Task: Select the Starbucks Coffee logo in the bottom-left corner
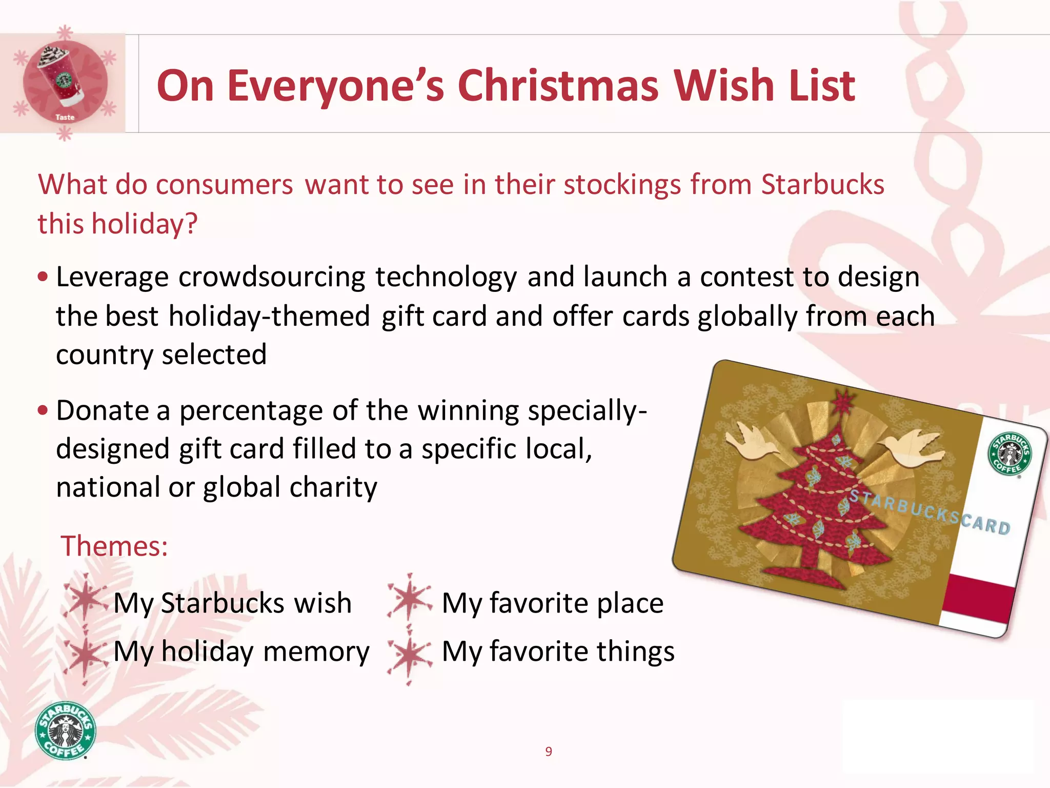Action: (x=65, y=730)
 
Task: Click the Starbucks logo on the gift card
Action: (x=1009, y=454)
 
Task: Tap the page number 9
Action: (x=549, y=752)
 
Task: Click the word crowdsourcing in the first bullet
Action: (x=272, y=278)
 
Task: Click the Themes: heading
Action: (x=114, y=546)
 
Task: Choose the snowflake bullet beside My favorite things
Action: (x=409, y=654)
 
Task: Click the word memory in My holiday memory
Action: (x=316, y=652)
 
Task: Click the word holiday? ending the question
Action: (x=145, y=224)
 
